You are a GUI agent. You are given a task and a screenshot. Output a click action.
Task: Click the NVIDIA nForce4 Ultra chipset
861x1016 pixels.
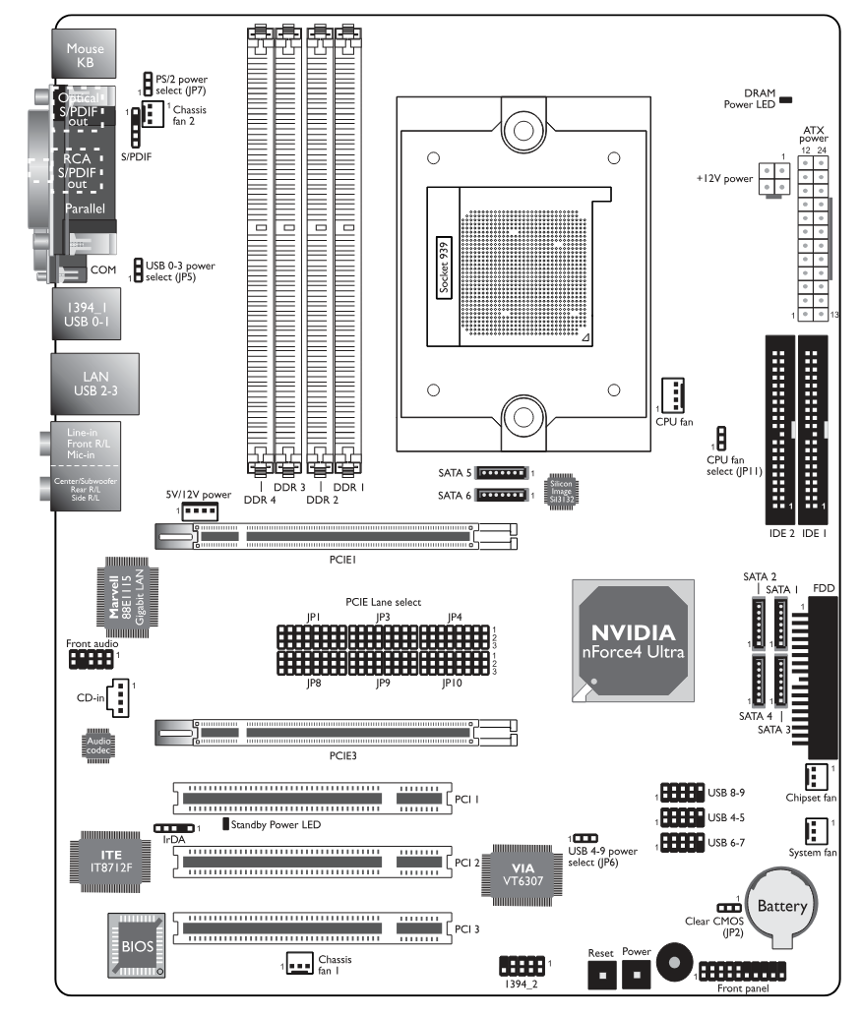coord(633,641)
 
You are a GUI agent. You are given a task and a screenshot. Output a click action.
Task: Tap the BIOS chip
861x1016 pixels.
coord(137,945)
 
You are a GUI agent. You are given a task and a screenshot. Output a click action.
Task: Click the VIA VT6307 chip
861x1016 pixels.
coord(522,874)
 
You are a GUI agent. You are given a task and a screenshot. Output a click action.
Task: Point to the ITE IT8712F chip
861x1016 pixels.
coord(110,862)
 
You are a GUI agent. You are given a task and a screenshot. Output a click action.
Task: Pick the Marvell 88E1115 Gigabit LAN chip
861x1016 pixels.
coord(127,597)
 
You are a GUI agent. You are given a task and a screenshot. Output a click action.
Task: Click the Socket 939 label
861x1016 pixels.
coord(444,267)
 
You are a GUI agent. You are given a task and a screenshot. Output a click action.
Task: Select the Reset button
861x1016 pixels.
coord(602,974)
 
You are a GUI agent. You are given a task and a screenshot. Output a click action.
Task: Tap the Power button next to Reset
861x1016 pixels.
coord(637,974)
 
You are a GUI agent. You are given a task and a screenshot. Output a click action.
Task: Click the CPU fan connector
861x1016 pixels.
coord(673,394)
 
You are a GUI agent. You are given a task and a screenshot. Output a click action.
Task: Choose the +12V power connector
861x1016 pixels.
coord(774,179)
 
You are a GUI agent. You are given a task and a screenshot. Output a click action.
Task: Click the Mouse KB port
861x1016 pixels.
coord(85,54)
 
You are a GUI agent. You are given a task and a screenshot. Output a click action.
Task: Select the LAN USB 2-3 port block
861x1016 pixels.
coord(95,384)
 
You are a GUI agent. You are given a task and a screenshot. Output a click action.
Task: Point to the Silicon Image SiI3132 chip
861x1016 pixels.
coord(562,491)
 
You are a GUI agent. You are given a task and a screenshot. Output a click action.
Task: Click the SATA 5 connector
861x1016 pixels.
coord(502,473)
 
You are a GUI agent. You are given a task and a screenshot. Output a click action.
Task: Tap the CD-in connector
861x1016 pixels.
coord(118,698)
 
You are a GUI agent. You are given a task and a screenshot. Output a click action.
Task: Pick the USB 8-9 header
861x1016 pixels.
coord(682,793)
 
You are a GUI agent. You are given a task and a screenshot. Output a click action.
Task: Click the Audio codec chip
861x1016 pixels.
coord(98,746)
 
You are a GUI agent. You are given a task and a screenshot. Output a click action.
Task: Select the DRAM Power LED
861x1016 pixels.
coord(786,99)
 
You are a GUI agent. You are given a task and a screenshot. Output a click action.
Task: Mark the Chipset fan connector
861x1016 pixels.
coord(816,777)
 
